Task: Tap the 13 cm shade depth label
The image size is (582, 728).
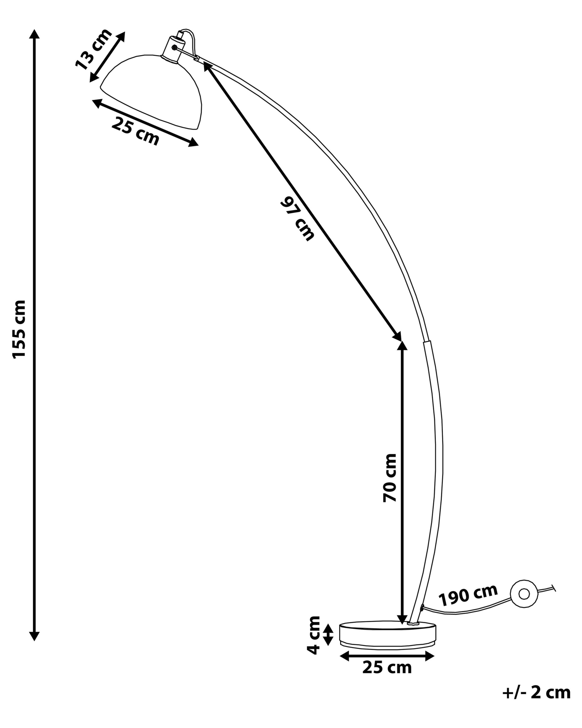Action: pyautogui.click(x=93, y=49)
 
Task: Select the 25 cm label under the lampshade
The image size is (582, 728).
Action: pyautogui.click(x=135, y=131)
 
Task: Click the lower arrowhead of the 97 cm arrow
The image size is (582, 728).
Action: pyautogui.click(x=397, y=336)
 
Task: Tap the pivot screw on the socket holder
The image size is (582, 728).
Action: pyautogui.click(x=174, y=48)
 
